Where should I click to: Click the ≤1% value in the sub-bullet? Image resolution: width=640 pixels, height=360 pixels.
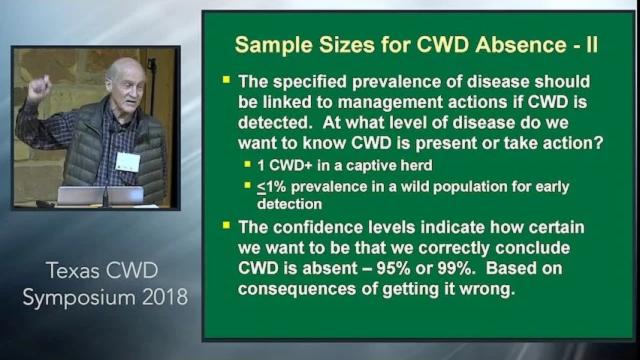pos(271,187)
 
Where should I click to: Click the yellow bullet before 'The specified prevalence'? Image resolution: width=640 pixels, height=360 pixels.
pos(226,79)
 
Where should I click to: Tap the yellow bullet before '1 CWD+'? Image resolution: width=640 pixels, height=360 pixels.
pos(247,163)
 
